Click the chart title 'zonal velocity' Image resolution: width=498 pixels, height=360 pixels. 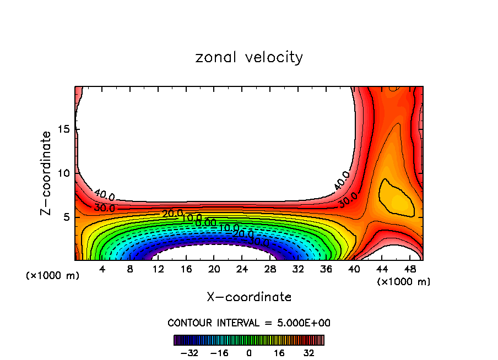249,57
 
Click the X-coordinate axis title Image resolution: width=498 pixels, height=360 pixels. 249,297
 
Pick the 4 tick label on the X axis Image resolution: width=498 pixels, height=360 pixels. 102,270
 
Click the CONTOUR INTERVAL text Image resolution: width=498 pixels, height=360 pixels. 249,323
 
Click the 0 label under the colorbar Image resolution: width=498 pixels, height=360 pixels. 249,352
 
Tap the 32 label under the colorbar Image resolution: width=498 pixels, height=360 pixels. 308,352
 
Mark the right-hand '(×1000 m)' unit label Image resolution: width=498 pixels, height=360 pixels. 403,281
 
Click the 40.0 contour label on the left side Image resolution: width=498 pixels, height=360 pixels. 104,195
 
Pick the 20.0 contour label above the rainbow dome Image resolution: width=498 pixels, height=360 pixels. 172,213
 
